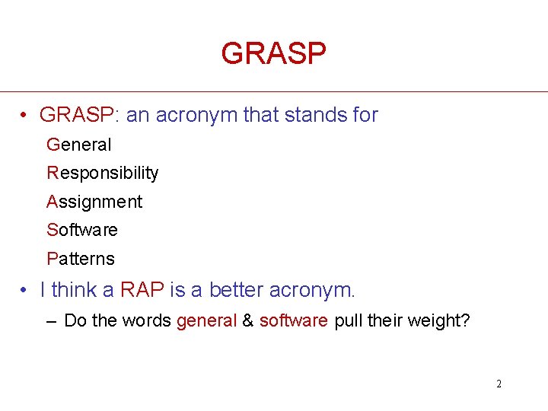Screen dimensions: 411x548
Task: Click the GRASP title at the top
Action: tap(273, 53)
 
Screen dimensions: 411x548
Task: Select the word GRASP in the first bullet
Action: tap(75, 116)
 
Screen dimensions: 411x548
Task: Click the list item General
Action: tap(79, 145)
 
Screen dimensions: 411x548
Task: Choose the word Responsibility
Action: tap(103, 174)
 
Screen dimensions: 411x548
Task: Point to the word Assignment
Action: tap(94, 202)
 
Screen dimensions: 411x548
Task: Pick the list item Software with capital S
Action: tap(82, 230)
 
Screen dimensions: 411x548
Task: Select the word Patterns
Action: tap(81, 259)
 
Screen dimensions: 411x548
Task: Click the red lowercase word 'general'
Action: tap(206, 321)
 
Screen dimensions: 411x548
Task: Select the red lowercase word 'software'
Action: tap(294, 321)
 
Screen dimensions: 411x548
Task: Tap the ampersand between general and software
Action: tap(248, 321)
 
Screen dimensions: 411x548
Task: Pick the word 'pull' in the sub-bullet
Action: tap(348, 321)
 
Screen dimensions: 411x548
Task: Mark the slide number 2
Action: tap(499, 384)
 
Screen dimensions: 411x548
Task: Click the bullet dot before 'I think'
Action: tap(25, 290)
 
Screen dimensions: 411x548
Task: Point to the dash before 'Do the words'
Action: tap(51, 321)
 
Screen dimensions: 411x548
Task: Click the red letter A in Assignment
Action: tap(53, 202)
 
